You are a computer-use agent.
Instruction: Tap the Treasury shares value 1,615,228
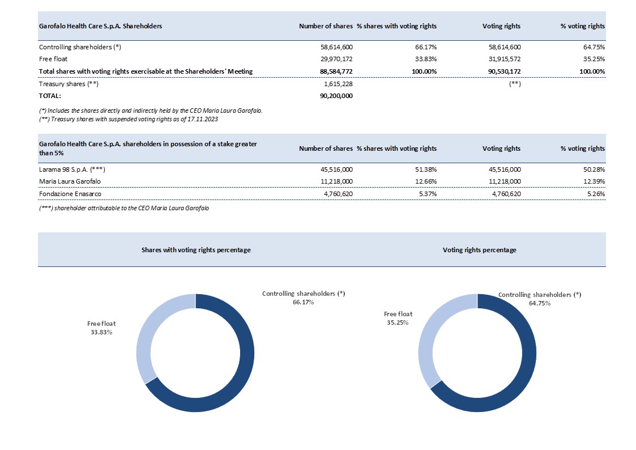click(x=338, y=84)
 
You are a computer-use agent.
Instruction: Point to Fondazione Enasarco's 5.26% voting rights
click(x=595, y=194)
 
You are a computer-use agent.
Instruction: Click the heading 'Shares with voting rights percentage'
click(x=195, y=250)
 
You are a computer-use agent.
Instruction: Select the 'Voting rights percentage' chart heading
click(x=479, y=250)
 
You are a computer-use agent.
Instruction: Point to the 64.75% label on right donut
click(x=539, y=303)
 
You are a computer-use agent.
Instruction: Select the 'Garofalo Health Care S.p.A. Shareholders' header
click(x=100, y=26)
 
